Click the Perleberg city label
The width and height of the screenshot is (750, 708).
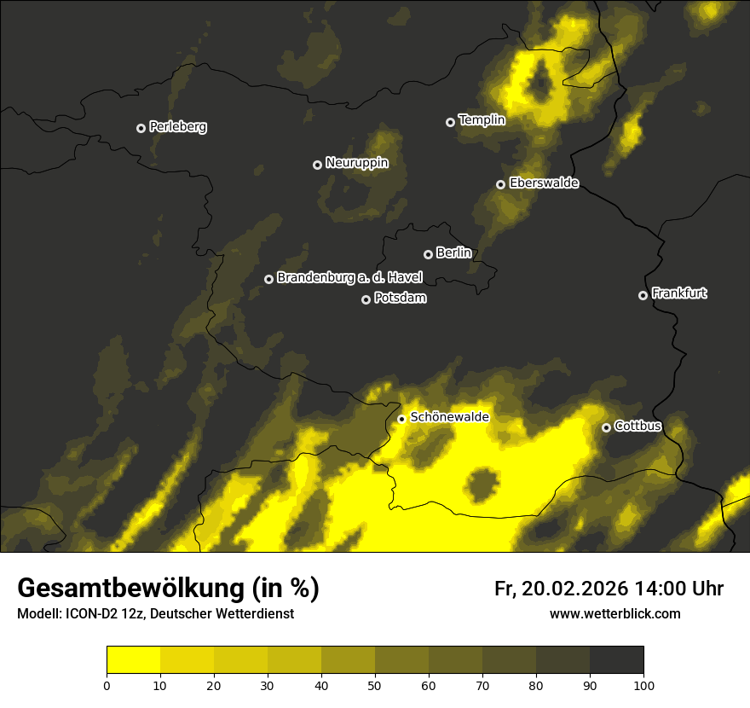(x=177, y=127)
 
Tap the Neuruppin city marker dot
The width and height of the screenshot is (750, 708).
(x=317, y=165)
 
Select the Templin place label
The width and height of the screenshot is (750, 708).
(x=482, y=120)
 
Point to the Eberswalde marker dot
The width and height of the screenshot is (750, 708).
(x=500, y=184)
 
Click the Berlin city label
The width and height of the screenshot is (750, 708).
(x=453, y=252)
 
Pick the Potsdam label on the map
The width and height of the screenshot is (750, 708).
(x=400, y=299)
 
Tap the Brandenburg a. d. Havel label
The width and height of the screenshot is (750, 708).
(x=349, y=278)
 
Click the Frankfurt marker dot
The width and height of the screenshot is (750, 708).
(x=643, y=295)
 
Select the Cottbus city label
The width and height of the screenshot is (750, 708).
(x=637, y=427)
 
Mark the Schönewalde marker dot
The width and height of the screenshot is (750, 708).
(x=401, y=419)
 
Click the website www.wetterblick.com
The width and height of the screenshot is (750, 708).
(x=614, y=613)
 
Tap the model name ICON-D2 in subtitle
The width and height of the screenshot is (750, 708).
(x=94, y=614)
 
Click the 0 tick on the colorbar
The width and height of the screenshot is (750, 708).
(x=107, y=685)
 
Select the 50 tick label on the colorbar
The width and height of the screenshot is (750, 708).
(x=375, y=685)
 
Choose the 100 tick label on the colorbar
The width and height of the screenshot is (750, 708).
(x=643, y=685)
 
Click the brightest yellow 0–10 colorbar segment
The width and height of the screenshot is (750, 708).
(x=133, y=660)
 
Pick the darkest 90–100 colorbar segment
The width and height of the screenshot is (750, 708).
(x=616, y=660)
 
